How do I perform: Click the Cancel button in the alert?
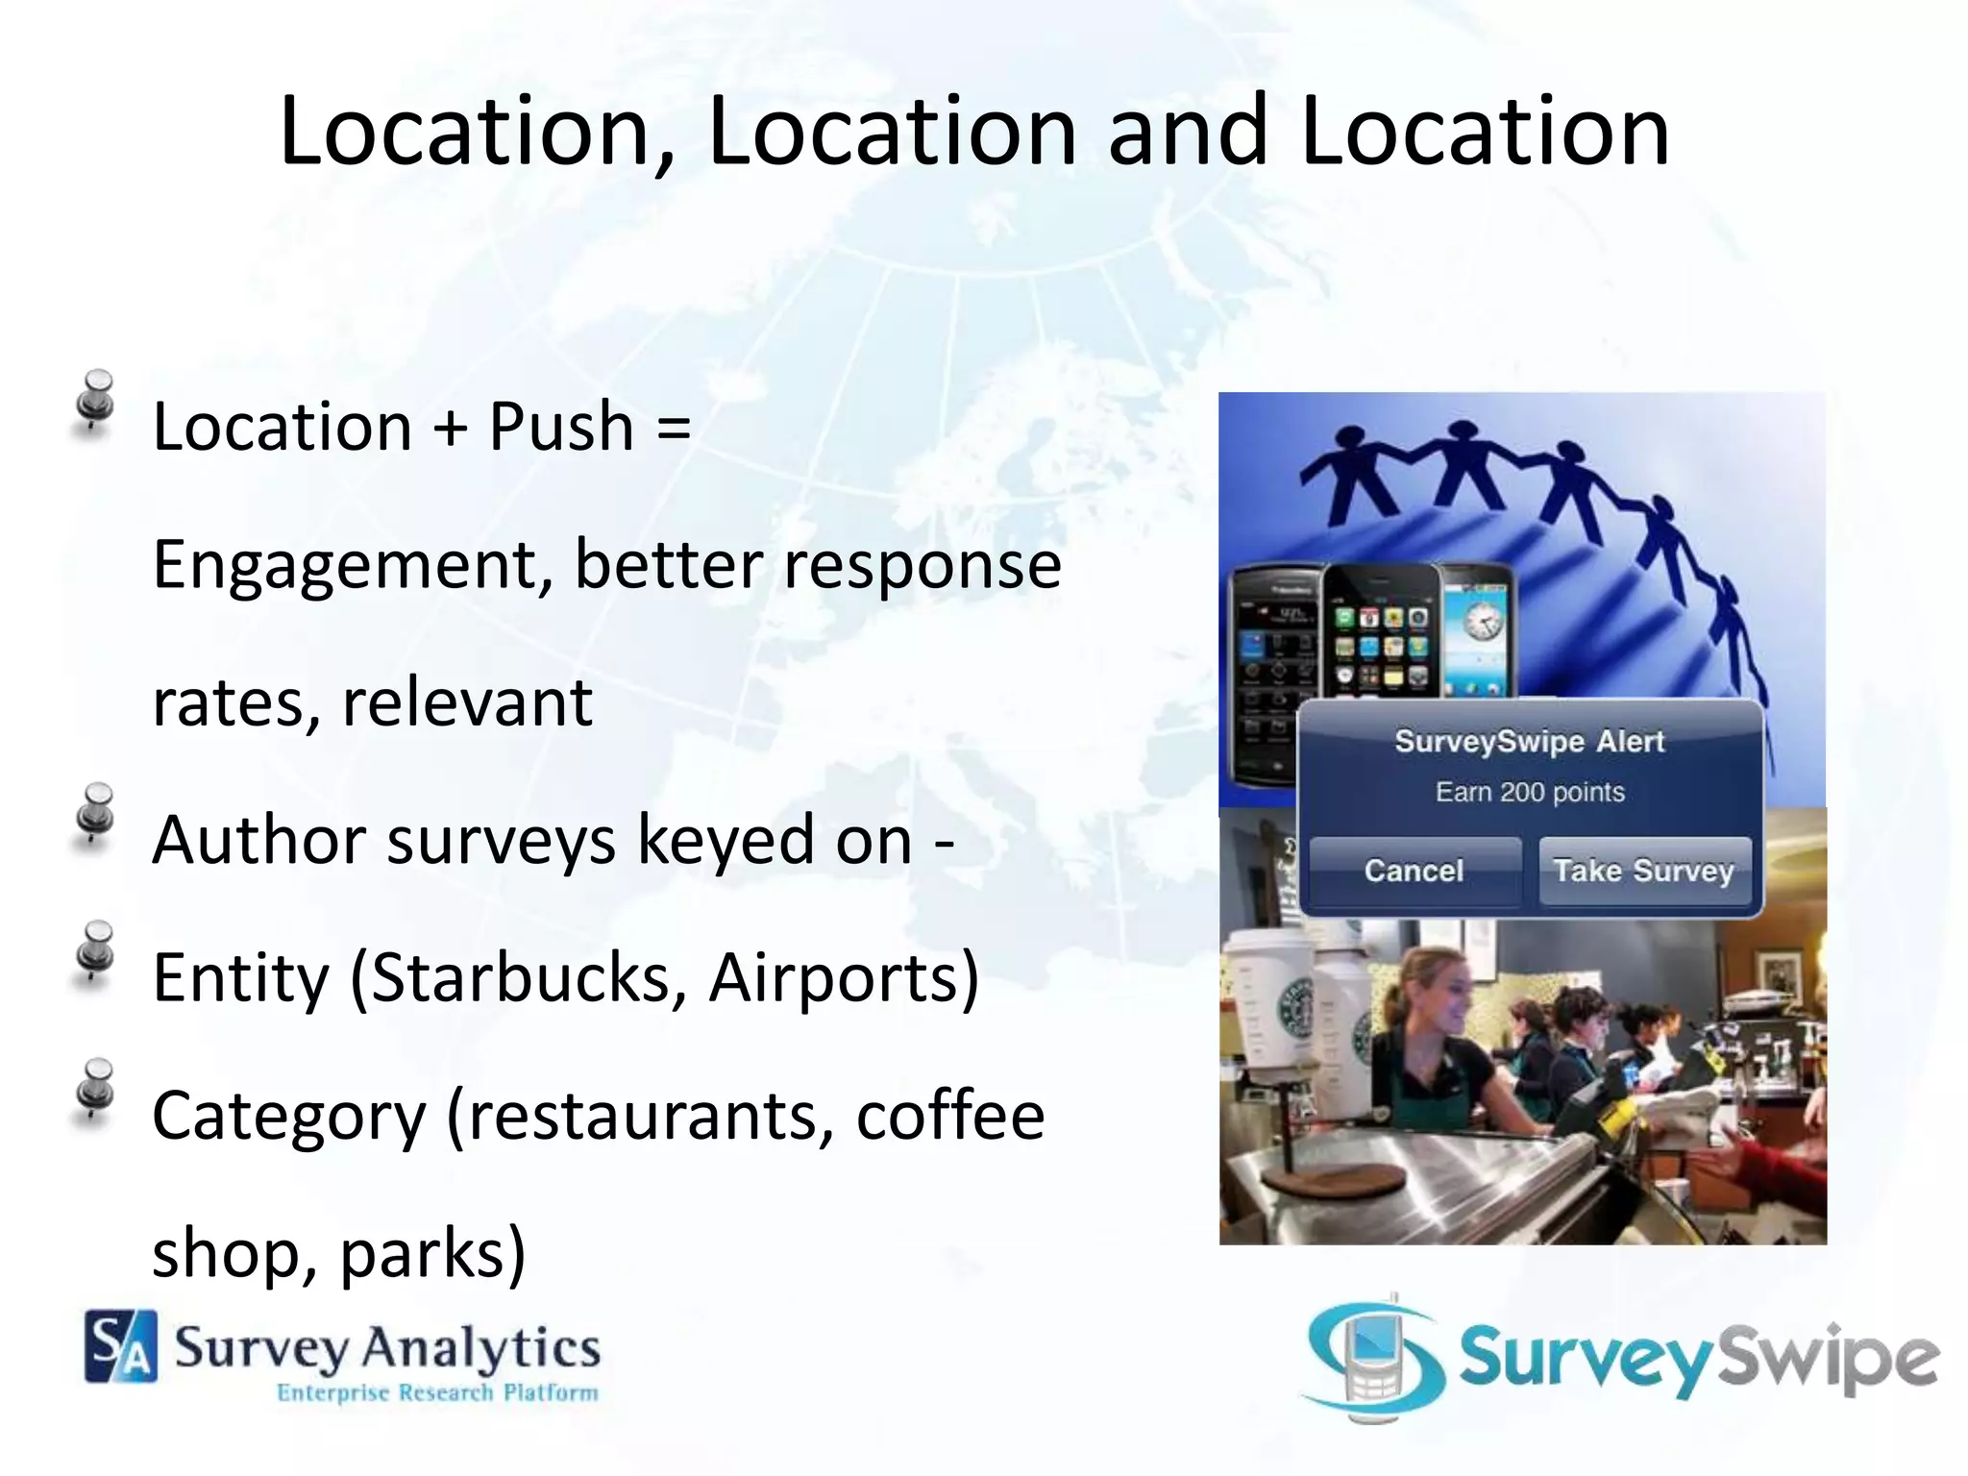click(x=1414, y=871)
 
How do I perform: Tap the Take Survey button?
click(x=1643, y=871)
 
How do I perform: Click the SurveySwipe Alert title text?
click(x=1529, y=742)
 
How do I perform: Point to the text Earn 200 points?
click(x=1530, y=792)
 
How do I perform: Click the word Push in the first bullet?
click(x=561, y=427)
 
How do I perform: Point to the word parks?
click(x=432, y=1254)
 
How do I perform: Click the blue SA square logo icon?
click(x=121, y=1347)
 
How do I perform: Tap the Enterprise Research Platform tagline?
click(x=437, y=1392)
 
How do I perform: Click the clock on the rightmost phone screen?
click(x=1481, y=624)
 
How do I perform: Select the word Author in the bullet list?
click(x=258, y=841)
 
